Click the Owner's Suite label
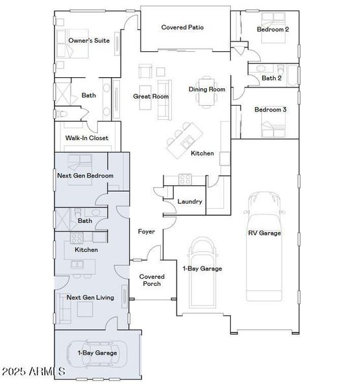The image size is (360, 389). (89, 40)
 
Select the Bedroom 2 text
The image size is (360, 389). (272, 29)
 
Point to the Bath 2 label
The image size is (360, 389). (272, 78)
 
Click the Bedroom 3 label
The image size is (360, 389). (270, 110)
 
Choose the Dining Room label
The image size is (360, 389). (207, 89)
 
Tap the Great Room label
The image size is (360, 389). (151, 97)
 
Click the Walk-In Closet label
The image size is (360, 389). (87, 138)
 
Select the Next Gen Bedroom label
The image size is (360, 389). (86, 176)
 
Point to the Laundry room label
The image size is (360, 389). (190, 202)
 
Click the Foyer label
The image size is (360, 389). (146, 231)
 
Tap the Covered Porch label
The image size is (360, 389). (151, 280)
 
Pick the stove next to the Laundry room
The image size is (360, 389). (185, 178)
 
